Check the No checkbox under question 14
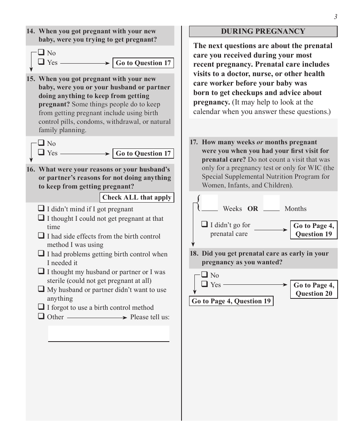pyautogui.click(x=41, y=53)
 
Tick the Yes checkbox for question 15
pyautogui.click(x=41, y=153)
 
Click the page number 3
pyautogui.click(x=335, y=17)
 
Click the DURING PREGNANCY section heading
pyautogui.click(x=263, y=31)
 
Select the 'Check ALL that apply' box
pyautogui.click(x=137, y=197)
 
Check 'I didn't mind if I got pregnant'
pyautogui.click(x=41, y=208)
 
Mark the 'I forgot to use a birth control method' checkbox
pyautogui.click(x=41, y=307)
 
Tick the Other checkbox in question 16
pyautogui.click(x=41, y=316)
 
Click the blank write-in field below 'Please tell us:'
pyautogui.click(x=108, y=333)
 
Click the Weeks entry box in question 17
pyautogui.click(x=210, y=203)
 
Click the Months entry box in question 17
pyautogui.click(x=271, y=203)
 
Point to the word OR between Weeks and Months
pyautogui.click(x=253, y=209)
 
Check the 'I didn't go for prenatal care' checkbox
pyautogui.click(x=205, y=224)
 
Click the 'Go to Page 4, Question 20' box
pyautogui.click(x=314, y=289)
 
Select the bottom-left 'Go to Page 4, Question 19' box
pyautogui.click(x=231, y=301)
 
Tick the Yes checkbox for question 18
pyautogui.click(x=205, y=284)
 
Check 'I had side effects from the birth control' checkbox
pyautogui.click(x=41, y=236)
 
